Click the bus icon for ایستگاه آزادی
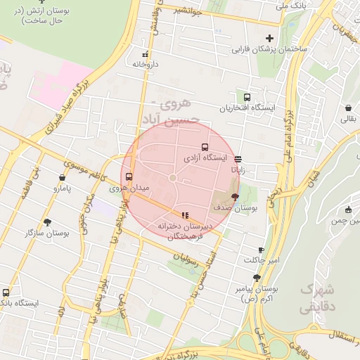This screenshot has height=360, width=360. (205, 148)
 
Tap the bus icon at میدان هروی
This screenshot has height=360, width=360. (128, 177)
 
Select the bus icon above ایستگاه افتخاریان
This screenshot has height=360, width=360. (247, 98)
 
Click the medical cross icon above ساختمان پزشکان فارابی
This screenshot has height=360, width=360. (269, 38)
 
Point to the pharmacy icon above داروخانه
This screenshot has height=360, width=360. (146, 53)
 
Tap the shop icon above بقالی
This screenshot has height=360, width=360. (349, 108)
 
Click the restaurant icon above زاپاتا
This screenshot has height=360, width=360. (238, 159)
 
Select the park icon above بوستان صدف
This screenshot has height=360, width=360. (234, 198)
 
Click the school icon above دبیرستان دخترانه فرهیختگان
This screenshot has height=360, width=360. (184, 215)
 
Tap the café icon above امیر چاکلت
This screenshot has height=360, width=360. (262, 250)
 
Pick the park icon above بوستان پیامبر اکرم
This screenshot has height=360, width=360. (257, 278)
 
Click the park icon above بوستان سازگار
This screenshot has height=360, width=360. (47, 221)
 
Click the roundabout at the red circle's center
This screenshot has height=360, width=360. (172, 178)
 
